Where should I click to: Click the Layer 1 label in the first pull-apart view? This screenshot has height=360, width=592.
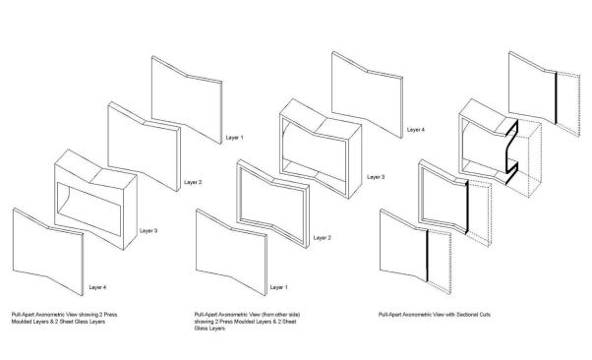(234, 138)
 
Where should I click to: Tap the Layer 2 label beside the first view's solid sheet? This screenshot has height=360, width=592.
(193, 182)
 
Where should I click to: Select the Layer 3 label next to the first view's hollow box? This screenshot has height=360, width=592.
(148, 231)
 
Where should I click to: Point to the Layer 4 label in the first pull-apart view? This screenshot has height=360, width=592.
(97, 287)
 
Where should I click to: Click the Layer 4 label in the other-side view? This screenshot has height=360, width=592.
(416, 130)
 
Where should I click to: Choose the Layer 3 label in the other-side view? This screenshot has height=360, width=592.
(376, 177)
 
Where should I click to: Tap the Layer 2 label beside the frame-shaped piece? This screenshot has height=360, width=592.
(322, 238)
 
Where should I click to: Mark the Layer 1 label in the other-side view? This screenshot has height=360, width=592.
(278, 287)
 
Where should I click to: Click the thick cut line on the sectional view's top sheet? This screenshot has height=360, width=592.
(556, 97)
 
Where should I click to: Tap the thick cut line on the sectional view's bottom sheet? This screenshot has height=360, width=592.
(427, 256)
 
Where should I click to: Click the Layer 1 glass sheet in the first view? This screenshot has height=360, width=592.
(187, 99)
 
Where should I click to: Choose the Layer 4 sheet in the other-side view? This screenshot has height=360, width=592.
(368, 94)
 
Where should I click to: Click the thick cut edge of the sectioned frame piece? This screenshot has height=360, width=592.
(467, 207)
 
